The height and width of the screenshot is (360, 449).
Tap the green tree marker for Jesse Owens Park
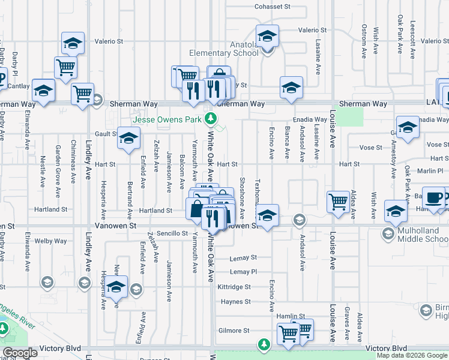(x=210, y=119)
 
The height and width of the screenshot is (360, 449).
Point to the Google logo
(x=20, y=353)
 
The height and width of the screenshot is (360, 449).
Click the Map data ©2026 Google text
(x=412, y=355)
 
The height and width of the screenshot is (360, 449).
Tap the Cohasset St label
(x=272, y=7)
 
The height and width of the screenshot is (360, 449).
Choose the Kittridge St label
(x=234, y=287)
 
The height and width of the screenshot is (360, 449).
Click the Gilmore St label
(x=234, y=331)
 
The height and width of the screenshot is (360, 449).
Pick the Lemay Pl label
(x=243, y=271)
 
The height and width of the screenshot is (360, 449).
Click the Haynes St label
(x=235, y=301)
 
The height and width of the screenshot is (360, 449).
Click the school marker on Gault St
(x=128, y=138)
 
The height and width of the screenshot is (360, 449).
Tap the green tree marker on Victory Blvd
(x=263, y=344)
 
